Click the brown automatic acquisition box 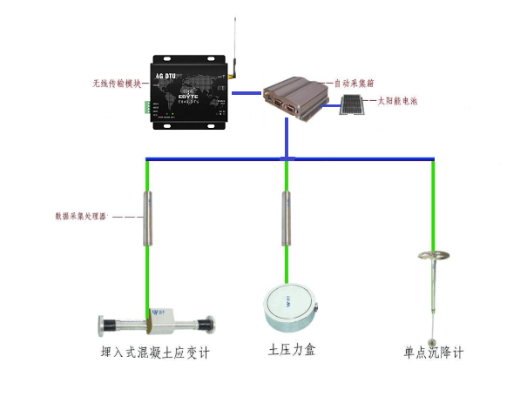click(294, 97)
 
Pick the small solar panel click(351, 105)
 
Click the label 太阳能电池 click(397, 102)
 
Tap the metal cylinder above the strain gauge click(145, 218)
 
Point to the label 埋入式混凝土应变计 click(156, 353)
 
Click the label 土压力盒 click(291, 351)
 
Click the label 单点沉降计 click(433, 353)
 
